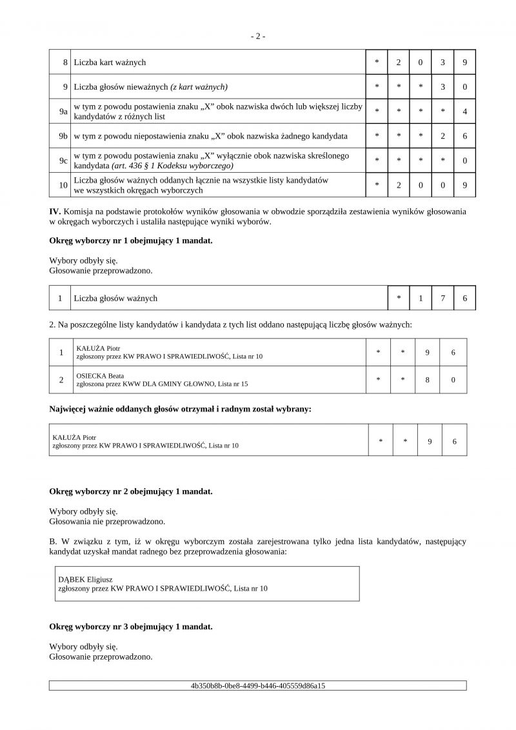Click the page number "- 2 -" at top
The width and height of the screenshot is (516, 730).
[x=257, y=36]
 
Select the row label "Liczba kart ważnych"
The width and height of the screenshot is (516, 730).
[x=110, y=63]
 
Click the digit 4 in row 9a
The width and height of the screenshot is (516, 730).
[x=464, y=112]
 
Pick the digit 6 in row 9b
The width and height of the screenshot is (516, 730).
[x=464, y=136]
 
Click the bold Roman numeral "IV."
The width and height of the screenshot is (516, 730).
[x=55, y=211]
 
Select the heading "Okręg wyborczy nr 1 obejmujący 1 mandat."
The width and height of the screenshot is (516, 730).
[x=131, y=241]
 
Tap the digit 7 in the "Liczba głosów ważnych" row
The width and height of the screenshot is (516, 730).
[x=442, y=298]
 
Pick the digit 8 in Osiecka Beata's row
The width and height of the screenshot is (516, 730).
[x=427, y=380]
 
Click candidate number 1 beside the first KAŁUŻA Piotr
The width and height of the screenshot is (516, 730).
[x=61, y=352]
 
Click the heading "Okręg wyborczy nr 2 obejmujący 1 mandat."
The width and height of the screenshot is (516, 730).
[x=131, y=491]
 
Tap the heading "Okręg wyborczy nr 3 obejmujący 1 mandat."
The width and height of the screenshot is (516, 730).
[x=131, y=626]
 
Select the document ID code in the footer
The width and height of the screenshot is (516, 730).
[x=257, y=686]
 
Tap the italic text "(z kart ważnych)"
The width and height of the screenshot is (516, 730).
[x=199, y=86]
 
